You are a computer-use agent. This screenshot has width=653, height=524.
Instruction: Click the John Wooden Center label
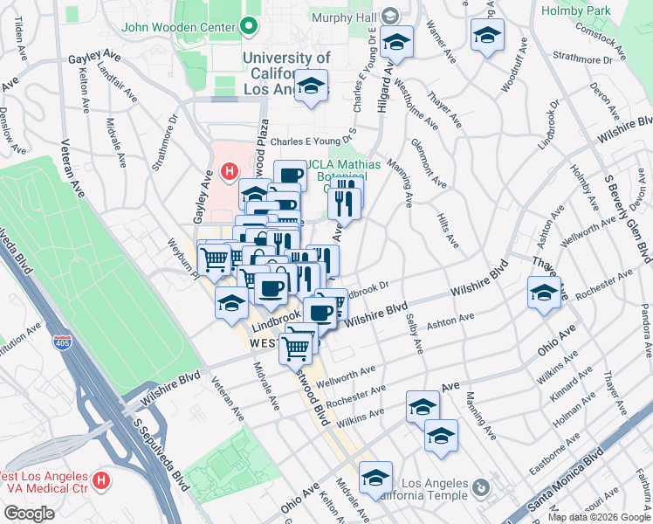(x=180, y=26)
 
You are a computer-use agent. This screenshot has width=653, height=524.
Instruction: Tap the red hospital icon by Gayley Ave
(x=230, y=171)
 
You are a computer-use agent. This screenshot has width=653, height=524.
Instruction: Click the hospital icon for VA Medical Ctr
(x=102, y=480)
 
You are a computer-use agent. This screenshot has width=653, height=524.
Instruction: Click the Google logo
(x=29, y=513)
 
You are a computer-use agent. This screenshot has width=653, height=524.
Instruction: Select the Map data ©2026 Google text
(x=599, y=517)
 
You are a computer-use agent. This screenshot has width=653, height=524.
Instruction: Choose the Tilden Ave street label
(x=18, y=35)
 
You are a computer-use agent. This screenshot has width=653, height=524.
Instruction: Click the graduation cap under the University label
(x=310, y=87)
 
